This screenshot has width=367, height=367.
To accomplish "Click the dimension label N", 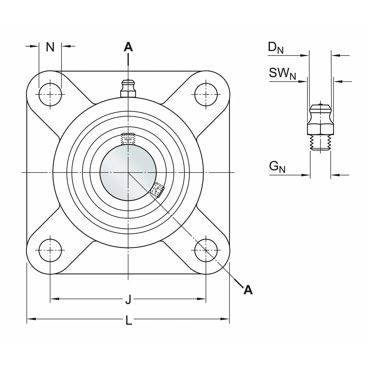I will click(x=50, y=47).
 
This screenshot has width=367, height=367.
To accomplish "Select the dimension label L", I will click(x=129, y=321).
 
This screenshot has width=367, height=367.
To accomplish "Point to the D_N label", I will click(x=276, y=48).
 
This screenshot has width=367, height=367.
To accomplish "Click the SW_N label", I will click(x=282, y=73).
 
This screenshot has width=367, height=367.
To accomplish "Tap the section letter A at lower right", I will click(x=248, y=289).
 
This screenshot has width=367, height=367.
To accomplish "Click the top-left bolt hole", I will click(x=50, y=94).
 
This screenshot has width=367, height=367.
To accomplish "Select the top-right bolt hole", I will click(x=206, y=94).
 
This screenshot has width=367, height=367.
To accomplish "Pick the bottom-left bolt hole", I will click(x=50, y=250).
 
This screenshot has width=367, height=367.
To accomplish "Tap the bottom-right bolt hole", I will click(x=206, y=250).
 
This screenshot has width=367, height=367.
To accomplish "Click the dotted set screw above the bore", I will click(x=128, y=139).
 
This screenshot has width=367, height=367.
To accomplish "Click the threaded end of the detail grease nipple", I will click(x=320, y=143).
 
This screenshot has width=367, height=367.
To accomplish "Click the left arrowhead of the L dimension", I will click(x=30, y=319).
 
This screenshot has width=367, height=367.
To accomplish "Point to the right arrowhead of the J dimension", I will click(x=203, y=298).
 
